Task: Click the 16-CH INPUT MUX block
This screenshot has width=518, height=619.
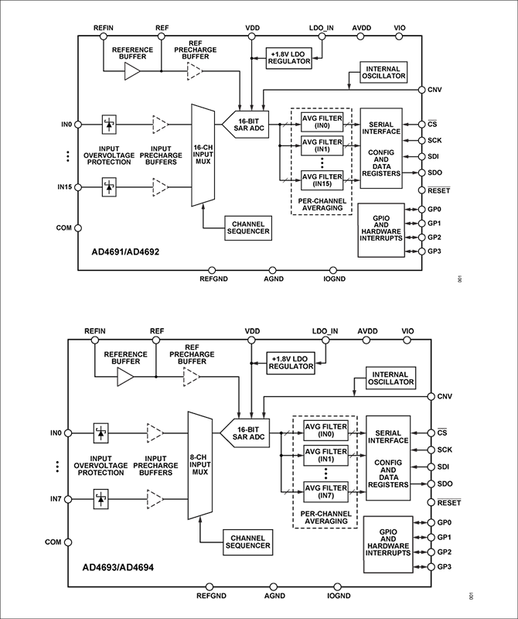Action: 203,156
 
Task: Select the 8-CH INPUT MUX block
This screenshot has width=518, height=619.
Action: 200,466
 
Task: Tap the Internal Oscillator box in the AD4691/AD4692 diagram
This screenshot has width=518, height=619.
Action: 383,72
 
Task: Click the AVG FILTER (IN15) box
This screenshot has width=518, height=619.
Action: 322,180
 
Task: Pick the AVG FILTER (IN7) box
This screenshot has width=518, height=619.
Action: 325,492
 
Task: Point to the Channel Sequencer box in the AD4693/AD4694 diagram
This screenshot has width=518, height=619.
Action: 247,542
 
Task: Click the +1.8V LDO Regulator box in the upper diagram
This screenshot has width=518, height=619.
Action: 289,58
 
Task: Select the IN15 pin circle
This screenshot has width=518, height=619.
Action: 78,187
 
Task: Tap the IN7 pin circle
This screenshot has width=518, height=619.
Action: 68,499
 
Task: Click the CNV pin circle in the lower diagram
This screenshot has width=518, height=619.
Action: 431,396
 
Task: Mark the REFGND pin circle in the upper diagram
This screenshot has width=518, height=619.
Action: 212,270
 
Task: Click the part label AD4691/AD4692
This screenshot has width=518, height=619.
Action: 125,252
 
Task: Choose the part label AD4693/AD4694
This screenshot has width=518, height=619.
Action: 118,568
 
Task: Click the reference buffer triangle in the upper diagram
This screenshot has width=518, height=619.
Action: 132,72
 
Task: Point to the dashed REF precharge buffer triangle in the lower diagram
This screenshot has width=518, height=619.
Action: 191,377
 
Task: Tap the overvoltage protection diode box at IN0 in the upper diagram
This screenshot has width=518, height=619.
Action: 109,125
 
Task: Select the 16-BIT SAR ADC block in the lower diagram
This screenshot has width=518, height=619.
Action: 245,433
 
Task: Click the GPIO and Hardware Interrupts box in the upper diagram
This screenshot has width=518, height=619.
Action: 381,230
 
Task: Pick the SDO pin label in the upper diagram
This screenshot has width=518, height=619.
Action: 435,173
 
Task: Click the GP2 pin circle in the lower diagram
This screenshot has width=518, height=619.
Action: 431,552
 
